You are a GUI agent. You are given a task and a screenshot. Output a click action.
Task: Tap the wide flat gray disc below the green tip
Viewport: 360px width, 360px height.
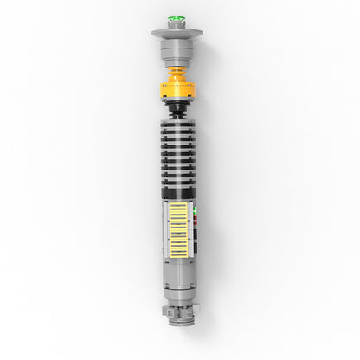coord(176,34)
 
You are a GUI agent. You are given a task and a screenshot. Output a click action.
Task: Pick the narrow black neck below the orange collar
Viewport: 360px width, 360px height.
coord(176,109)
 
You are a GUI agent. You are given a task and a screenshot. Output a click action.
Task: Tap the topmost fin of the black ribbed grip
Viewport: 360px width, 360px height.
coord(176,121)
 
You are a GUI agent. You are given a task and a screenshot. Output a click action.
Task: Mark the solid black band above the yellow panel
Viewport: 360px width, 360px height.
coord(176,196)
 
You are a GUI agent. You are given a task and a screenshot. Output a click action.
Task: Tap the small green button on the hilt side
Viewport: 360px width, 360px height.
coord(196,209)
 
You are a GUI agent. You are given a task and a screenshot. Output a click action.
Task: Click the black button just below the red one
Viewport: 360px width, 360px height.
coord(196,231)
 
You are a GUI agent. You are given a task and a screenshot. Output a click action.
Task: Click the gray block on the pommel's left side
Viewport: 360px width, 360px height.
coord(164,310)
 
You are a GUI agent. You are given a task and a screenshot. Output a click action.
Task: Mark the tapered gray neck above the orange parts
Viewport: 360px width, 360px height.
coord(176,65)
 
